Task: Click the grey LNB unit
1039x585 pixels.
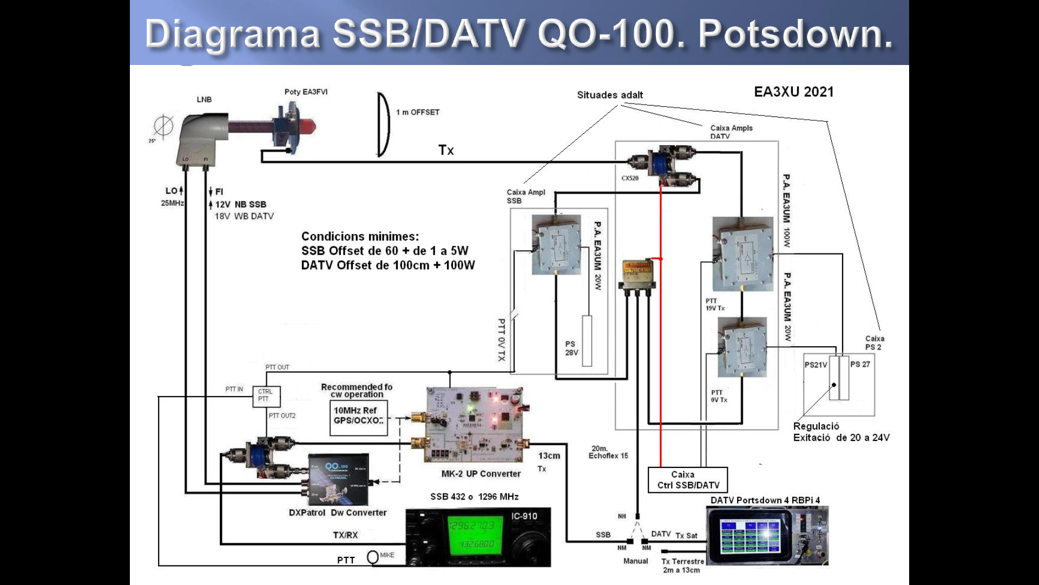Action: (200, 138)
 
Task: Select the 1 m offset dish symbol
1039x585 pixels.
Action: (383, 125)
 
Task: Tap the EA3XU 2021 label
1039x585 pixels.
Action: (793, 92)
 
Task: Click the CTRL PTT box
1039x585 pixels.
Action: (266, 395)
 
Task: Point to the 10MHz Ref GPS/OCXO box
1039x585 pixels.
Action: (358, 417)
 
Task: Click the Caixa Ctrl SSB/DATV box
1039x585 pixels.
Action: (688, 480)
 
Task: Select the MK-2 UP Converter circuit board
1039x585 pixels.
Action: (475, 424)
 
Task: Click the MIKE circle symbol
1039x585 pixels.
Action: (373, 557)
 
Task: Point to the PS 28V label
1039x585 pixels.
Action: (571, 348)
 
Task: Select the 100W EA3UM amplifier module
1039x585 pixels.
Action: (742, 253)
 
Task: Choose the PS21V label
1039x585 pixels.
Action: (816, 365)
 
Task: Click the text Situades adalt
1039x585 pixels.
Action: (610, 95)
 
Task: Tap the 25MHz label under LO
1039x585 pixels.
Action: (172, 203)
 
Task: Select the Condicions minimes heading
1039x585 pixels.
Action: (360, 237)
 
